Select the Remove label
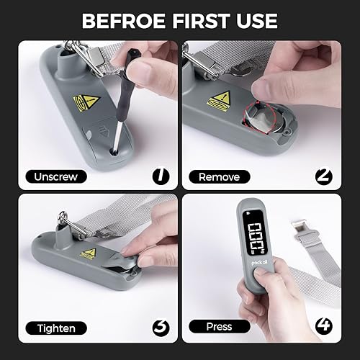(219, 176)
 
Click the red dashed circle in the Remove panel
(255, 114)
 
